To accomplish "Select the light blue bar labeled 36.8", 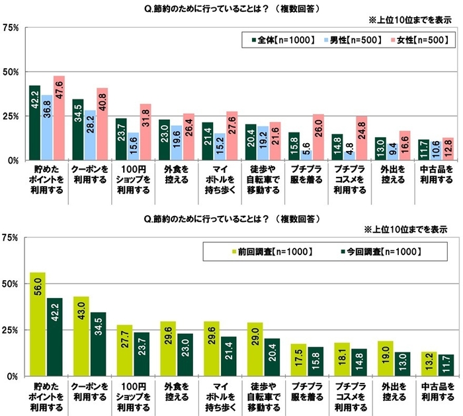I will [46, 127].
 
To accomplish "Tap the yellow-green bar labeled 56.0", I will [38, 324].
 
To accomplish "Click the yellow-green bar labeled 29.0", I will [253, 349].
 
